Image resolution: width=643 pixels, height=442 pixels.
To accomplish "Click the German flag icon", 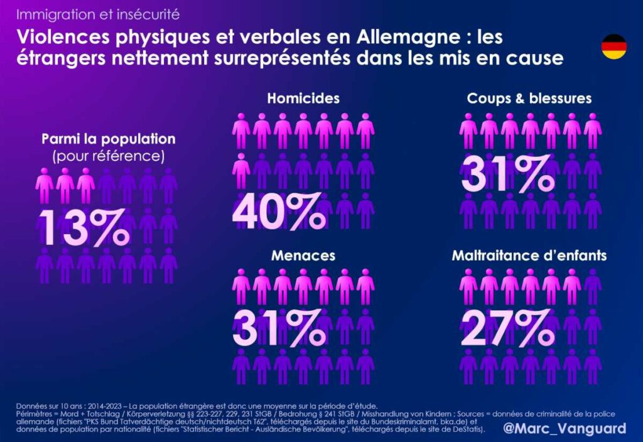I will (x=613, y=47).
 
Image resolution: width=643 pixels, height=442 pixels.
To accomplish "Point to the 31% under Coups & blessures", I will (x=507, y=174).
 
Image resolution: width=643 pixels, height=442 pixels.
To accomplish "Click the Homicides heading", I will (x=303, y=98).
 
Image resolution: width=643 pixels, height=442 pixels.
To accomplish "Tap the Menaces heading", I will (x=303, y=256).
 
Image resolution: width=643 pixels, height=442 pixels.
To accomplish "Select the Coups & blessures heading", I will (x=529, y=98).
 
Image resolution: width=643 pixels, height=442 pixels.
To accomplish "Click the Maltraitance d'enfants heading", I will (x=529, y=256).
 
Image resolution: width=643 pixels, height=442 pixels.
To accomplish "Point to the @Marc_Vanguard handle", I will (x=565, y=428).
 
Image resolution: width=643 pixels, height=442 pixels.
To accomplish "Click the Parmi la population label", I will (x=109, y=139).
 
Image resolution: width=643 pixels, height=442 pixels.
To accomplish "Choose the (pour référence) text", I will (x=109, y=154).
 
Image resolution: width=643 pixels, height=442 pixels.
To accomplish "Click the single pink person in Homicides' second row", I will (x=241, y=170).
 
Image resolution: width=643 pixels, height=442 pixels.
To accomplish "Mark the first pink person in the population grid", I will (x=44, y=185).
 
